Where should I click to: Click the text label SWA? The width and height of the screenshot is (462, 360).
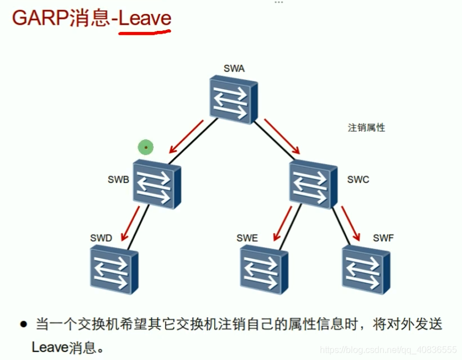point(233,70)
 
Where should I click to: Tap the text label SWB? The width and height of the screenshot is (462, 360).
point(119,180)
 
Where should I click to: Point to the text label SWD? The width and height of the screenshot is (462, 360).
point(101,238)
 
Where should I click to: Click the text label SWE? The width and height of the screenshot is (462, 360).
point(247,238)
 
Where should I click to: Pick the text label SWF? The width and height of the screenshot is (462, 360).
point(383,238)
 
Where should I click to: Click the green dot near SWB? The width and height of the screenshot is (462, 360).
point(146,148)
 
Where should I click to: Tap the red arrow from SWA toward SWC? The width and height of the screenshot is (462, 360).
point(283,136)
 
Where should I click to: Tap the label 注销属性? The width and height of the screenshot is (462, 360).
point(366,127)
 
